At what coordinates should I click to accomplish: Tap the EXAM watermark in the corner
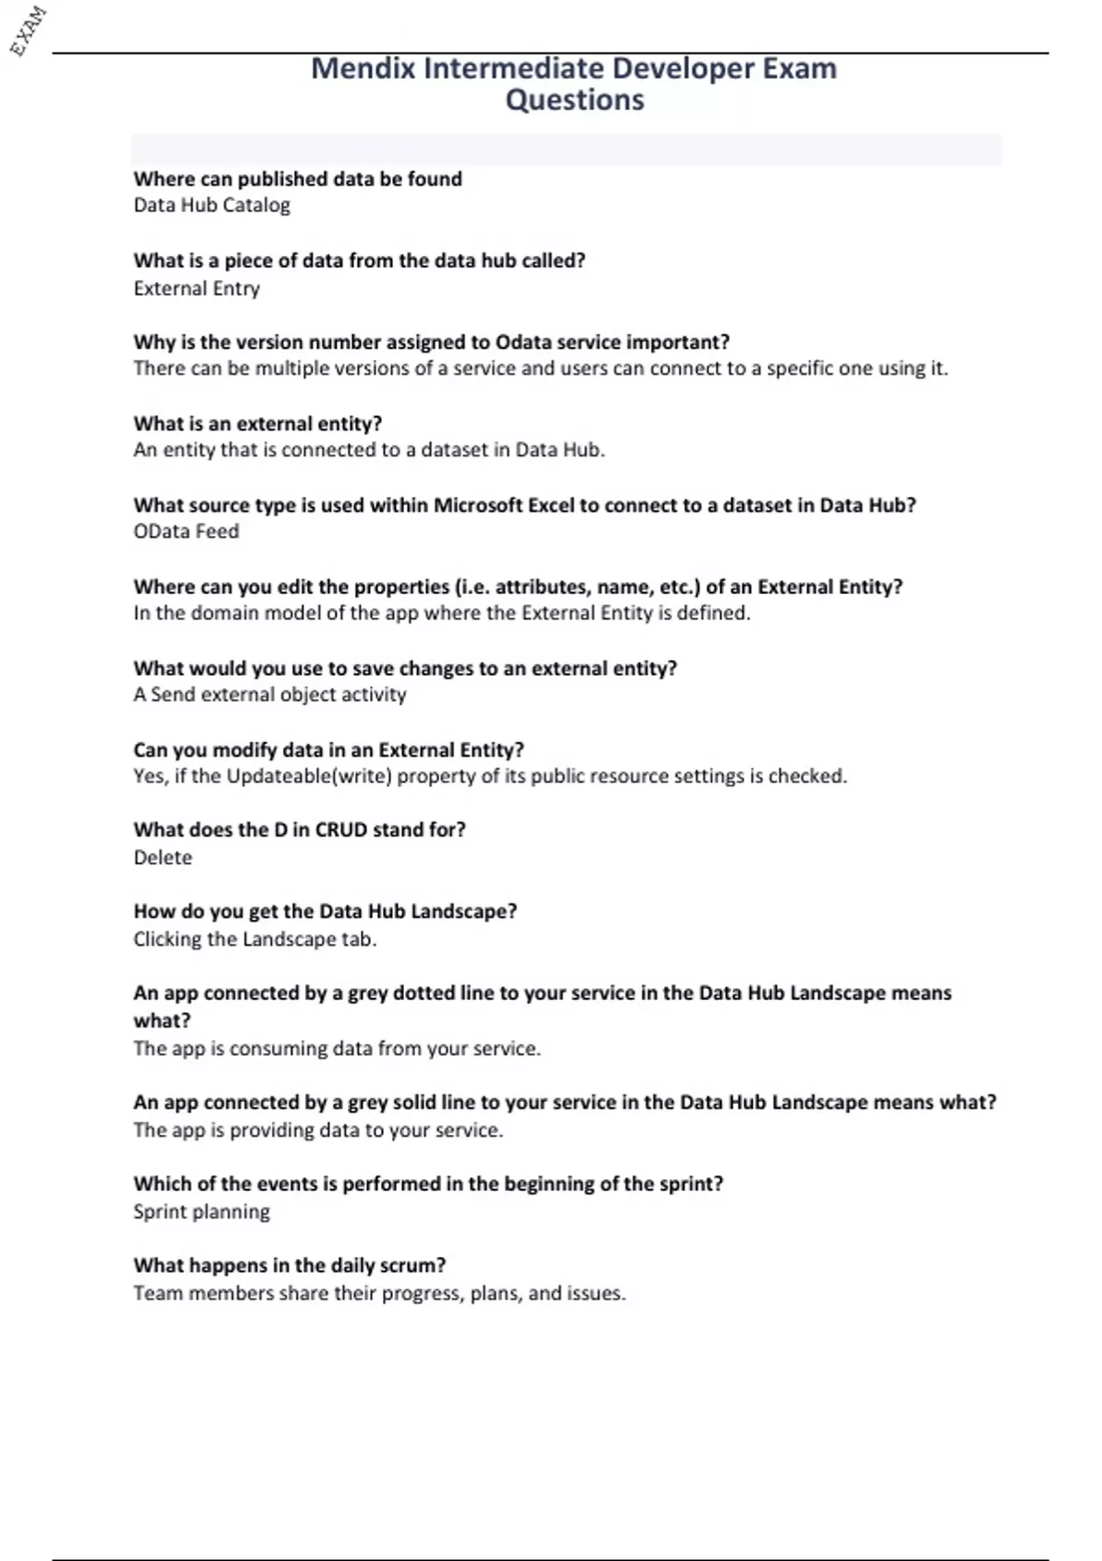click(28, 31)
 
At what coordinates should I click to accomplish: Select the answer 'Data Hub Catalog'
click(211, 206)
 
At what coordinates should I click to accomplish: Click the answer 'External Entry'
click(197, 288)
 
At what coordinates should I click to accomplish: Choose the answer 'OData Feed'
click(186, 532)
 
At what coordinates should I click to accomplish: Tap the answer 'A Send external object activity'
click(269, 695)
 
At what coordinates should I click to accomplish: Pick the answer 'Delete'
click(163, 858)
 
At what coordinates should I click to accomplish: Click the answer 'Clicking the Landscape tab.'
click(254, 939)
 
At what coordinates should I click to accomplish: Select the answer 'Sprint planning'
click(201, 1212)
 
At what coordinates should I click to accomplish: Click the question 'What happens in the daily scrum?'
click(289, 1265)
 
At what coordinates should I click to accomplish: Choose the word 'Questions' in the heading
click(575, 100)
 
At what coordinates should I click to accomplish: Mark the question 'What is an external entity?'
click(257, 424)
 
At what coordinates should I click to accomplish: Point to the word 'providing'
click(275, 1130)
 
